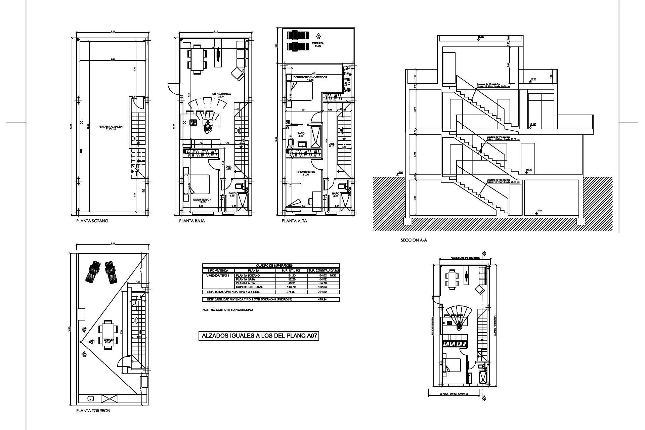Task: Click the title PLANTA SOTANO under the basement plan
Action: (92, 221)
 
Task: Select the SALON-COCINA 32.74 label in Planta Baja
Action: (221, 95)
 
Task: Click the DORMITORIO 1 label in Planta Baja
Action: (202, 201)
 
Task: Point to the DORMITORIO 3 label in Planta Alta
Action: (305, 173)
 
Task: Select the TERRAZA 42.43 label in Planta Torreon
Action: (109, 341)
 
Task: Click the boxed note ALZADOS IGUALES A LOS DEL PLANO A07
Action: (259, 336)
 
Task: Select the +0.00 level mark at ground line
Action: (399, 173)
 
